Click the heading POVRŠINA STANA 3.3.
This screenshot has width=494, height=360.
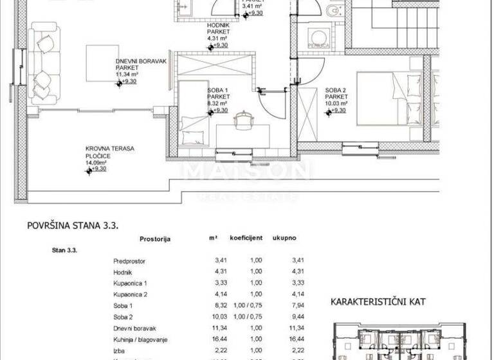[x=73, y=226]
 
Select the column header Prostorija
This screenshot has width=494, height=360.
[x=154, y=239]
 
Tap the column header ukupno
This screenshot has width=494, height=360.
[x=283, y=238]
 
